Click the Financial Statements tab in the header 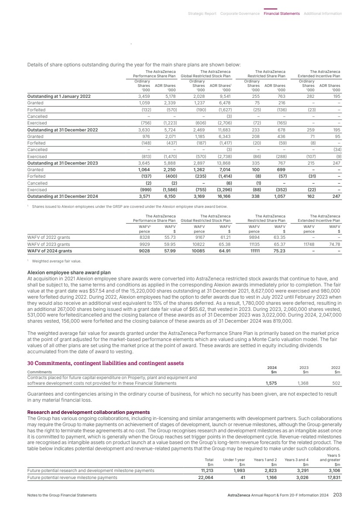[281, 14]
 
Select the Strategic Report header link [202, 14]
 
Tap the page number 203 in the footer [337, 495]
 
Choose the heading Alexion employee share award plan [69, 272]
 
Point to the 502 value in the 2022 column [336, 383]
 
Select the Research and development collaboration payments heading [89, 412]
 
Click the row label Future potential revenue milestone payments [72, 478]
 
